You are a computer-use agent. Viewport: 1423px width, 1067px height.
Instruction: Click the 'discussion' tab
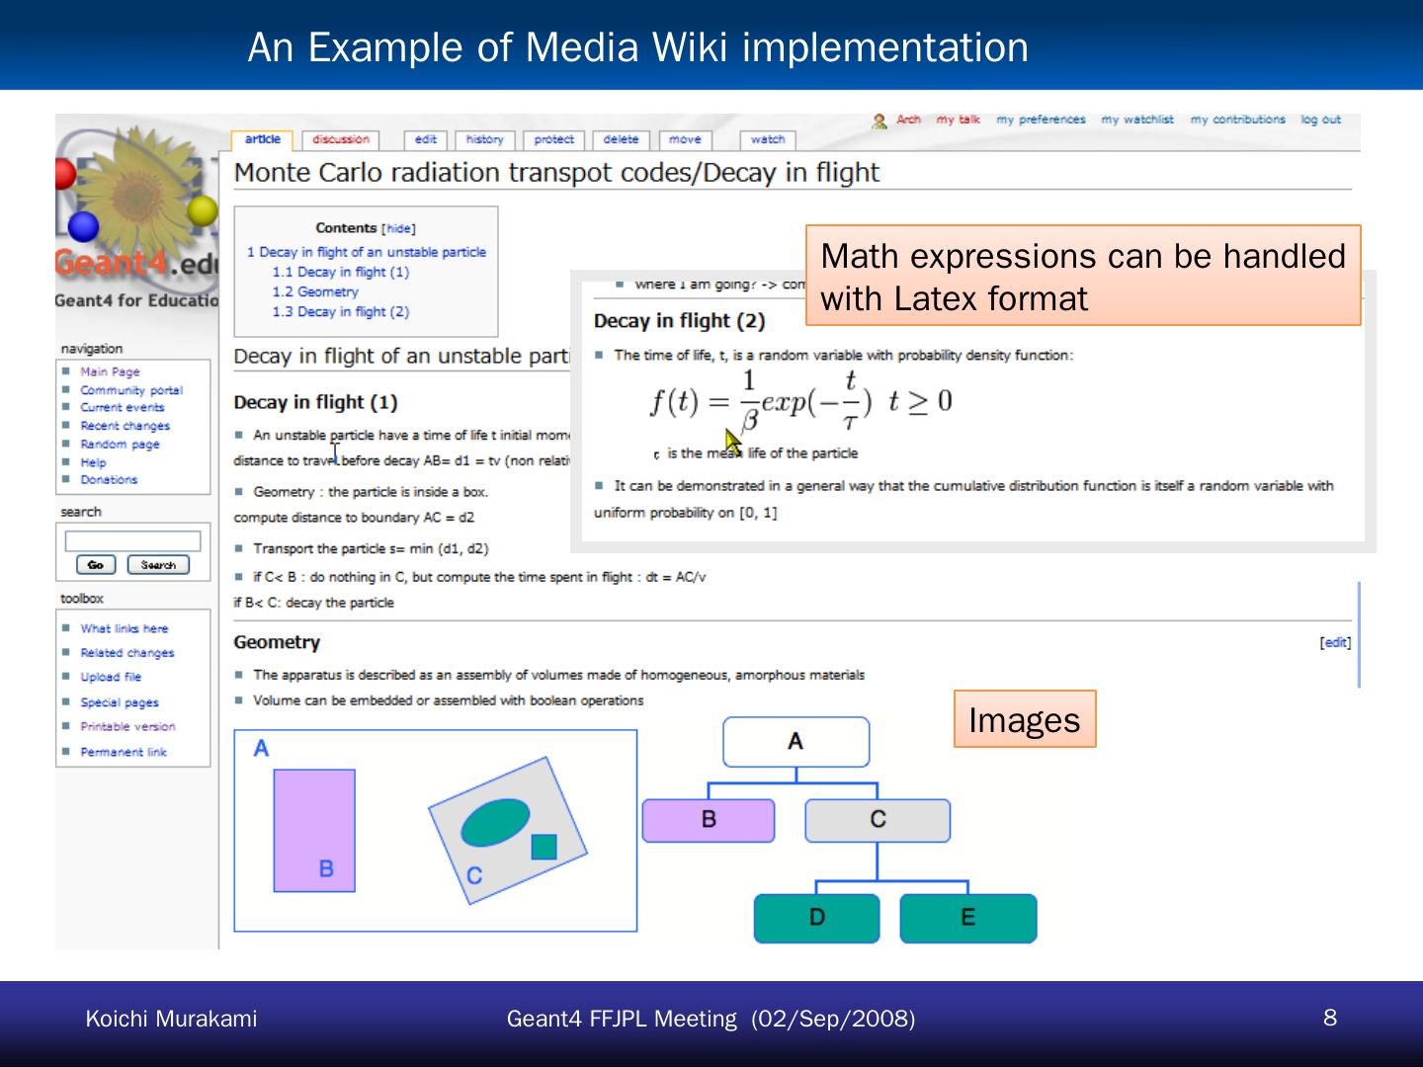tap(341, 140)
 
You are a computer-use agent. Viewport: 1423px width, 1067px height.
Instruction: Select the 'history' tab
tap(484, 140)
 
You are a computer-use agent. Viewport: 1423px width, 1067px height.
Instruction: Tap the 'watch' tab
tap(767, 140)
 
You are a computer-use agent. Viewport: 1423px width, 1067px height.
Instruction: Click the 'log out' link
tap(1320, 120)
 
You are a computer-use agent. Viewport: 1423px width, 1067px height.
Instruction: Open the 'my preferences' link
tap(1041, 120)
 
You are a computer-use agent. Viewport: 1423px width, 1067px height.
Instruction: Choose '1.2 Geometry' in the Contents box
tap(315, 291)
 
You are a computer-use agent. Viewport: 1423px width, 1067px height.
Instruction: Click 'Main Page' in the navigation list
tap(110, 371)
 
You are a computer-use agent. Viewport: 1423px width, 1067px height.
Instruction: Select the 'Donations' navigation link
tap(109, 479)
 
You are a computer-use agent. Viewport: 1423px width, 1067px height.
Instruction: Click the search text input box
tap(132, 540)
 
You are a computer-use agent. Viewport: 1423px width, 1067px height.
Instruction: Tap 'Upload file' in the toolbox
tap(111, 677)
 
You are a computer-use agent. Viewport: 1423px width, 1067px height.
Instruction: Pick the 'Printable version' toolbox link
tap(127, 726)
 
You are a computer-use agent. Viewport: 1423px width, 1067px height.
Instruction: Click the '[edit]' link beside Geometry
tap(1335, 642)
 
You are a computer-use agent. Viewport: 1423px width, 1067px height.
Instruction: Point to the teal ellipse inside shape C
tap(495, 822)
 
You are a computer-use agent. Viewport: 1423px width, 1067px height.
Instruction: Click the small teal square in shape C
tap(544, 847)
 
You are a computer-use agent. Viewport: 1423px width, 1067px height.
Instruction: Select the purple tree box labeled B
tap(709, 820)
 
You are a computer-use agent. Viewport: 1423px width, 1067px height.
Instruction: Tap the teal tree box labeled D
tap(816, 918)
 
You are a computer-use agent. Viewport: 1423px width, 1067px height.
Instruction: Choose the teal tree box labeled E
tap(968, 918)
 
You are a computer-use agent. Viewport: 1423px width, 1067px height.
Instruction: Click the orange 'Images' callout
tap(1025, 719)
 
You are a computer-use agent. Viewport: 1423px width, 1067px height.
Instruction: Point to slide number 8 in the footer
tap(1330, 1018)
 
